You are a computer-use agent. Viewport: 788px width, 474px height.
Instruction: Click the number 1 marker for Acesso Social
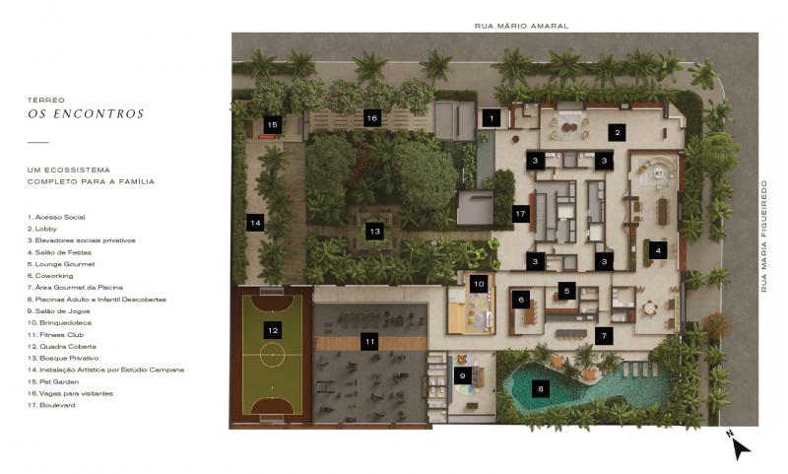tap(492, 118)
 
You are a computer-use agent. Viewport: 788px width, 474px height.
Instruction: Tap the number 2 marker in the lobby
tap(618, 133)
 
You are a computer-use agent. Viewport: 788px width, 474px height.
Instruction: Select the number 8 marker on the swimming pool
tap(540, 388)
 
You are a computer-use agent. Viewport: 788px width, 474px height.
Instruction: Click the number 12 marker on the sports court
tap(273, 330)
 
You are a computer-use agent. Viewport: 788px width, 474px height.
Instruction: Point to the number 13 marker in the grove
tap(374, 232)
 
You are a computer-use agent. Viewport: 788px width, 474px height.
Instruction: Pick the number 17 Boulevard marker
tap(520, 214)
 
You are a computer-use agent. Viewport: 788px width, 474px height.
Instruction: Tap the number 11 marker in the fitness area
tap(370, 342)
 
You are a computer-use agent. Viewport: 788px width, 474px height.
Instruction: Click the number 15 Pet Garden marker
tap(273, 124)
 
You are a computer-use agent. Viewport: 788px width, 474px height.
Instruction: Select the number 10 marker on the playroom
tap(479, 284)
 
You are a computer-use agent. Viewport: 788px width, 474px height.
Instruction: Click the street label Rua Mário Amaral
tap(521, 26)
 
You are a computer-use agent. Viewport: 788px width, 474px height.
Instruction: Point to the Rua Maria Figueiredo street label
tap(764, 236)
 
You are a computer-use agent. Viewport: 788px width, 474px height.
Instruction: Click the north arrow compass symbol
tap(740, 446)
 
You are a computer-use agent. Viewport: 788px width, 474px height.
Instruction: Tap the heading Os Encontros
tap(86, 114)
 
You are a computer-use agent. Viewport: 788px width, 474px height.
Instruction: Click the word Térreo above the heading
tap(45, 101)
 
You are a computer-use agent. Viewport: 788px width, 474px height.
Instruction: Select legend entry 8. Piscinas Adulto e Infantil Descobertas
tap(97, 299)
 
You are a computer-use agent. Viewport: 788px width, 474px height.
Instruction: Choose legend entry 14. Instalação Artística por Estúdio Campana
tap(105, 370)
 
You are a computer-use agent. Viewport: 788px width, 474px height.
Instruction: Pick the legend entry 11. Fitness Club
tap(55, 334)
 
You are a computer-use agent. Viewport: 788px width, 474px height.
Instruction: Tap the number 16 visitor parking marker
tap(372, 118)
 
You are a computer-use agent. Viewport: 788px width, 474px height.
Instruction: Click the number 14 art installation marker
tap(255, 222)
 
